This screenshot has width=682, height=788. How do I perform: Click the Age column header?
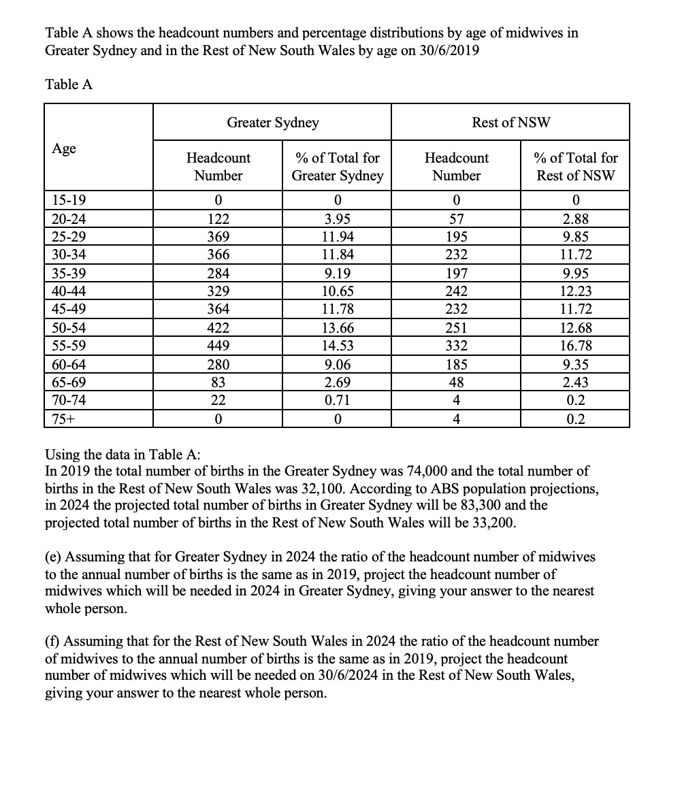tap(64, 148)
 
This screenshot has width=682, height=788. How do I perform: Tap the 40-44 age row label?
tap(68, 291)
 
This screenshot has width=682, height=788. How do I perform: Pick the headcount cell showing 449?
tap(218, 346)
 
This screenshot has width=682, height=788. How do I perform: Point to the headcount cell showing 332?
tap(456, 346)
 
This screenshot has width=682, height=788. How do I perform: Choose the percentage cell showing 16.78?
tap(576, 346)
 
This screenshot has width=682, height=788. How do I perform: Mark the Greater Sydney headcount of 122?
tap(218, 219)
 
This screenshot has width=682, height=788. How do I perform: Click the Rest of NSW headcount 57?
tap(456, 219)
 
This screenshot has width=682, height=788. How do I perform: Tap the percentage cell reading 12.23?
tap(576, 291)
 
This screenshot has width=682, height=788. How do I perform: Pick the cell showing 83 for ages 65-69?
tap(218, 382)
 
